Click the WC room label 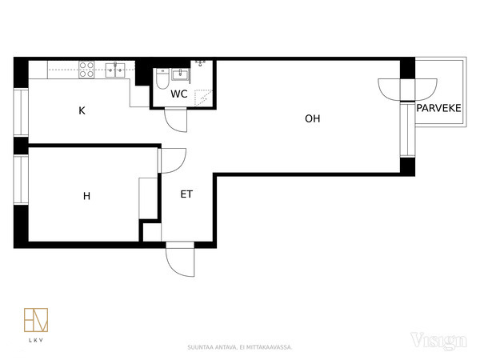[x=178, y=94]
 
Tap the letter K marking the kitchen [x=82, y=110]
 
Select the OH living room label [x=313, y=118]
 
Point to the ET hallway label [x=186, y=194]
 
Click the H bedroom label [x=86, y=196]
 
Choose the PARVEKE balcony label [x=438, y=108]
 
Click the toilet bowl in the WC [x=162, y=79]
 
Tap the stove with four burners [x=86, y=70]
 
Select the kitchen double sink [x=115, y=70]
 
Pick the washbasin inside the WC [x=180, y=74]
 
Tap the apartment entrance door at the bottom [x=180, y=260]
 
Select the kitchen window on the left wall [x=21, y=112]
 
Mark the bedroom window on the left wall [x=21, y=180]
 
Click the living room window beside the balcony [x=407, y=130]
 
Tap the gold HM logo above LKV [x=36, y=320]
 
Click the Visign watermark [x=438, y=341]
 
